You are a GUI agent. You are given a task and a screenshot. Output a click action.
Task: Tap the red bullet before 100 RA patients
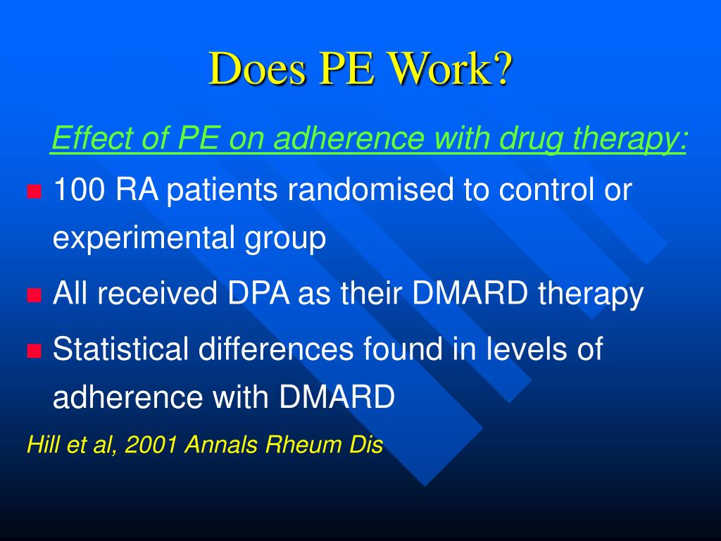coord(33,191)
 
